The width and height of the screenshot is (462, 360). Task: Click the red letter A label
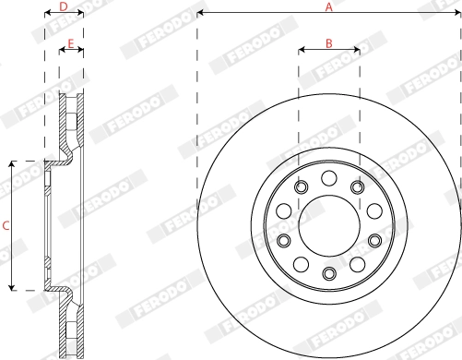point(329,6)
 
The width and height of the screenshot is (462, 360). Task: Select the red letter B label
point(329,42)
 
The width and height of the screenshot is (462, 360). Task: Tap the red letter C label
point(6,225)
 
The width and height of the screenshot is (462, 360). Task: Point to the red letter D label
point(63,6)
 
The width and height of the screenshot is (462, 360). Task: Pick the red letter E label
point(71,43)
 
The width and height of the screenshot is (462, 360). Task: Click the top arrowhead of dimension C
point(12,163)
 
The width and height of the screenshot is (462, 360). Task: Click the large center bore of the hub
point(329,225)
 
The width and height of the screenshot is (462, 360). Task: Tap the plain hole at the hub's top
point(329,176)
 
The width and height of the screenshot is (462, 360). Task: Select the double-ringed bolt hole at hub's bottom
point(329,273)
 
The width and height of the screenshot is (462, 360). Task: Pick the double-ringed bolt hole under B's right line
point(358,187)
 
